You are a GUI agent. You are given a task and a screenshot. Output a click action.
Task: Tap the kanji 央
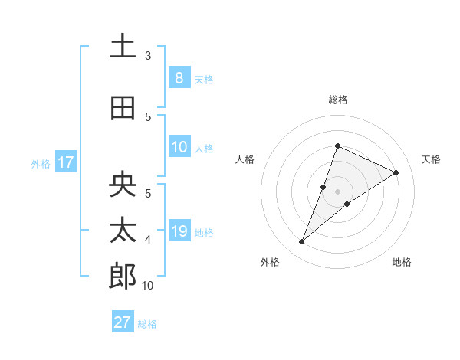point(123,185)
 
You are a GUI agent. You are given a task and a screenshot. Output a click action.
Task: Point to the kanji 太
point(123,231)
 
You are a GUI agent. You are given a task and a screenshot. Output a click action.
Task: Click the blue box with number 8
point(179,78)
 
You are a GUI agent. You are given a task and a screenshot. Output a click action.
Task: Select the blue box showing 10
point(179,147)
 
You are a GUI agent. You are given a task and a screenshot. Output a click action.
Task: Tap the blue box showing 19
point(179,231)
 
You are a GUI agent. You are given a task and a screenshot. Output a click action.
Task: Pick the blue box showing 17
point(65,162)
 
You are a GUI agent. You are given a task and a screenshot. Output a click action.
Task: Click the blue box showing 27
point(123,322)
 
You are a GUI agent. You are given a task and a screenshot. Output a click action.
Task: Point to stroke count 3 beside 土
point(148,56)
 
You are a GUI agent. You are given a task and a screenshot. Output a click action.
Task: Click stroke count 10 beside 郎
point(148,286)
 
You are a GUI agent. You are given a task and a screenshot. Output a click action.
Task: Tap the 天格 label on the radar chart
point(431,159)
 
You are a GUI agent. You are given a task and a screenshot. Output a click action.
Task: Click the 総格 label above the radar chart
point(338,100)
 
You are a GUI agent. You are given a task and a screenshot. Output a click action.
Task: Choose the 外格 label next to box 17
point(41,163)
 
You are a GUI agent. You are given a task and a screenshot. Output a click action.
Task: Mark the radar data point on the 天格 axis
point(396,172)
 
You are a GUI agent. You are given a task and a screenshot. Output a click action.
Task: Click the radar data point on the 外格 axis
point(302,242)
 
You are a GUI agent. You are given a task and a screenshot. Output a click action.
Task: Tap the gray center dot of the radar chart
point(338,191)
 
